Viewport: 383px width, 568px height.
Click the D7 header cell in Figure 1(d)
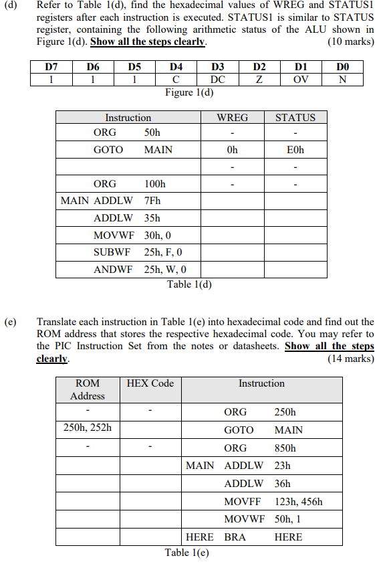pos(51,67)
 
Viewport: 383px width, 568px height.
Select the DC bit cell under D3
pos(218,79)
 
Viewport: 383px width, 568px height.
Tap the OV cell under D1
pos(301,79)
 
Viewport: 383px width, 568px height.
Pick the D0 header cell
pos(343,67)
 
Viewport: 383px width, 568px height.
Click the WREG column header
pos(232,118)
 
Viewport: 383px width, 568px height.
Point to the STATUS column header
pos(295,118)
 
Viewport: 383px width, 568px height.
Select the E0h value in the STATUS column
pos(295,150)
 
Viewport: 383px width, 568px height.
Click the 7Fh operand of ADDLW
pos(152,201)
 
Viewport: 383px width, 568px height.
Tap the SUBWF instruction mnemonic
pos(112,253)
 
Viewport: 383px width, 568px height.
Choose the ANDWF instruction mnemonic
pos(113,270)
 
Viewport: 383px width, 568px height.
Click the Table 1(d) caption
pos(189,284)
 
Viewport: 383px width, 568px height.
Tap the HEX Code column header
pos(150,383)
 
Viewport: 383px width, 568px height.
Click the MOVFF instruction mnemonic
pos(243,501)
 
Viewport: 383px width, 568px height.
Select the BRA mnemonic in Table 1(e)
pos(235,537)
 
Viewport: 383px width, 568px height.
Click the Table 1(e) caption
pos(187,553)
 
